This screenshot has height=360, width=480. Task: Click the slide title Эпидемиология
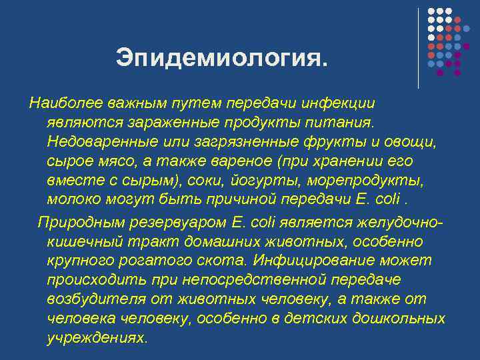tap(221, 57)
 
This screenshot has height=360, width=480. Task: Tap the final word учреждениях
tap(97, 338)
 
